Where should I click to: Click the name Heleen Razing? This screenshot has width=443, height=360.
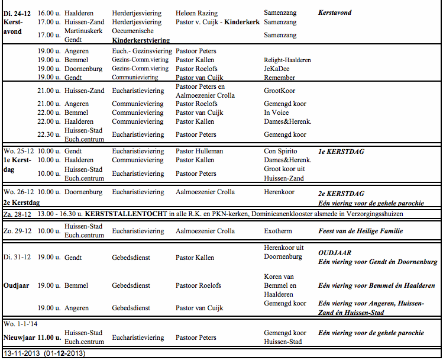click(196, 13)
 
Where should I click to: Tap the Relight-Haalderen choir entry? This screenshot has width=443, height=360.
click(287, 60)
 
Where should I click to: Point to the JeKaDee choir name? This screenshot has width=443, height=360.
click(276, 69)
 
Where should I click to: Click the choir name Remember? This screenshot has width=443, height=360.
click(279, 78)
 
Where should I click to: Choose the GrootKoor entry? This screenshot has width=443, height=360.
click(279, 91)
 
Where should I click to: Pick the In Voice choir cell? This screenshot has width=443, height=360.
click(276, 112)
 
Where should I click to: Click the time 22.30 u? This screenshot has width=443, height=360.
click(48, 134)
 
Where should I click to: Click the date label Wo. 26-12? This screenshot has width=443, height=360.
click(19, 192)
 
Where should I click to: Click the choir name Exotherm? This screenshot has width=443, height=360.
click(278, 231)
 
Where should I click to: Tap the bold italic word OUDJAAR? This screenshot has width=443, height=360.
click(335, 253)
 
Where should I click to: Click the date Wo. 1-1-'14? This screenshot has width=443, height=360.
click(21, 325)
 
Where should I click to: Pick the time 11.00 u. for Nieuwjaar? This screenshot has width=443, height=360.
click(50, 337)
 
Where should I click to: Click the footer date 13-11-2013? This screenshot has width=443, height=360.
click(21, 353)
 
